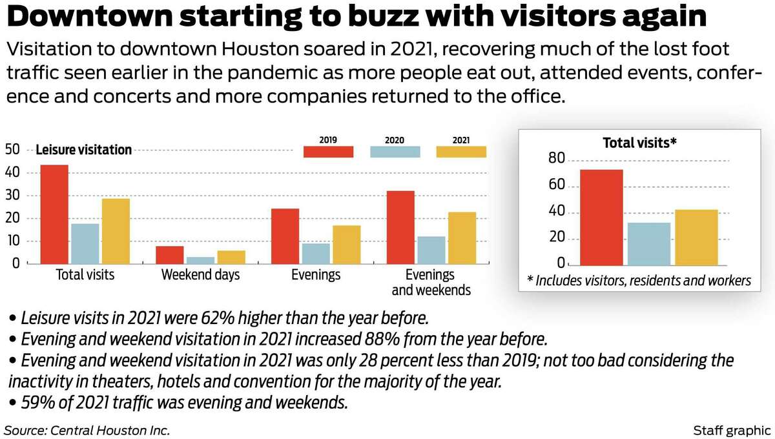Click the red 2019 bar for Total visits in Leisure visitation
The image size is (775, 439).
54,214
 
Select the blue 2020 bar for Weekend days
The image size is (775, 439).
200,260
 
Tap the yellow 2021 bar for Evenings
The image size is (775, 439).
347,245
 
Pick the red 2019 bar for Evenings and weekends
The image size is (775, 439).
400,227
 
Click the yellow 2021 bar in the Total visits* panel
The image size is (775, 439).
696,237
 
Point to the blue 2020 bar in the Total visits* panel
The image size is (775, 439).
648,243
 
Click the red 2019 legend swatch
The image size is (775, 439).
328,152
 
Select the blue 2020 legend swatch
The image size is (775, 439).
395,152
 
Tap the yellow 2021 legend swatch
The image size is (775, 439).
461,152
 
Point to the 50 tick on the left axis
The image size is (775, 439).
12,150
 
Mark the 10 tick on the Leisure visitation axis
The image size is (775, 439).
12,241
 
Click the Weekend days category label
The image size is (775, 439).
200,275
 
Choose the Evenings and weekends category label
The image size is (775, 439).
431,283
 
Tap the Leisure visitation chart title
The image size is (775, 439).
83,150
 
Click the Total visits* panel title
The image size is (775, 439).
639,143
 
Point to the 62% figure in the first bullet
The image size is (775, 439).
210,318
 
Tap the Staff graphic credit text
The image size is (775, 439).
730,430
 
